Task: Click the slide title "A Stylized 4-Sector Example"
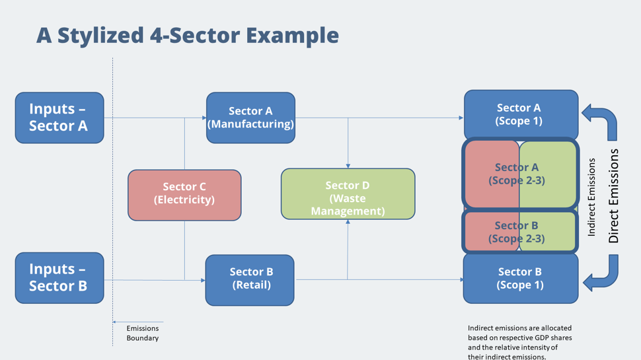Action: (187, 35)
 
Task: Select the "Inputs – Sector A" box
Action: (59, 118)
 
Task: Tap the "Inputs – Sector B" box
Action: (59, 278)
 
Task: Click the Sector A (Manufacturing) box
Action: (250, 118)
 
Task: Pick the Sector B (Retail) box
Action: (250, 279)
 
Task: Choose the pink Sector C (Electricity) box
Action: (184, 194)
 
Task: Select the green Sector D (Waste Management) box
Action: (348, 194)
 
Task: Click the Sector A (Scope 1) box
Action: (520, 114)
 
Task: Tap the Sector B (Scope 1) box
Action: (520, 278)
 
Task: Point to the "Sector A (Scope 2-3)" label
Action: (517, 174)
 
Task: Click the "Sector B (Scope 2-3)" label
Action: (517, 232)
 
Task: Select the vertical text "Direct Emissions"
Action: (613, 196)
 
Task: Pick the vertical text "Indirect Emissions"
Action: (591, 197)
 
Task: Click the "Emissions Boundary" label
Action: (143, 333)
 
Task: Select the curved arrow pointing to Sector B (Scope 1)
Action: (601, 274)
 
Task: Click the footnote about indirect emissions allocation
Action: (519, 342)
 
